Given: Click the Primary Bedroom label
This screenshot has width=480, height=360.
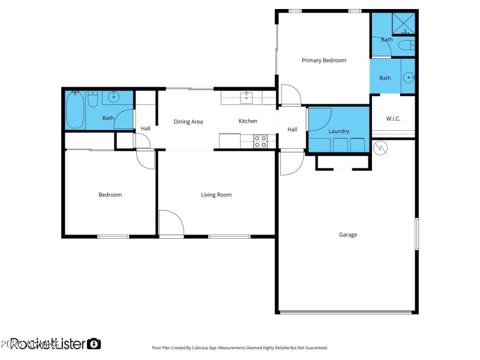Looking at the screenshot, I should [323, 60].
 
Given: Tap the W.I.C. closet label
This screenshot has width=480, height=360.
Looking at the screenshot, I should [393, 118].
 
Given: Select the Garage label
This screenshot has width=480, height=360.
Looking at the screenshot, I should [347, 235].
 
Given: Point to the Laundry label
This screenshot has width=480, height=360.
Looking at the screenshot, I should [338, 131].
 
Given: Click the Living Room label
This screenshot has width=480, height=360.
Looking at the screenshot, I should [216, 194].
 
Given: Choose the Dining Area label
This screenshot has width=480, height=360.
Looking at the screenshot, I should [188, 122].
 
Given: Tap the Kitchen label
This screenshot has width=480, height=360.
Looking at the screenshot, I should [248, 121].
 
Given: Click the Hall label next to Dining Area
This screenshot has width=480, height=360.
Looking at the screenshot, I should [146, 128].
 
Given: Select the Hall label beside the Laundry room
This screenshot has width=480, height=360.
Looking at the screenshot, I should [292, 130].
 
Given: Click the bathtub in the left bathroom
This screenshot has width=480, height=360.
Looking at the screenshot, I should [75, 110].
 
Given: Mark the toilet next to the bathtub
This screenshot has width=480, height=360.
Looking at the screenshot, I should [92, 100].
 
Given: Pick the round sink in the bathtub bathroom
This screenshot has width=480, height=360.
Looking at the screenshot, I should [113, 97].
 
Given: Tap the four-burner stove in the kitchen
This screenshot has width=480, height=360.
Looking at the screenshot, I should [260, 142].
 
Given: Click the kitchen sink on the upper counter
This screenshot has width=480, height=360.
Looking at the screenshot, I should [246, 97].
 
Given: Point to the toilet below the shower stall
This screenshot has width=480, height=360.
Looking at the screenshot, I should [406, 45].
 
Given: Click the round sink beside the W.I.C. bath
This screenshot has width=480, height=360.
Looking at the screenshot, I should [408, 77].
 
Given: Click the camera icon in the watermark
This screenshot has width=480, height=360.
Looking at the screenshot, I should [94, 344].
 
